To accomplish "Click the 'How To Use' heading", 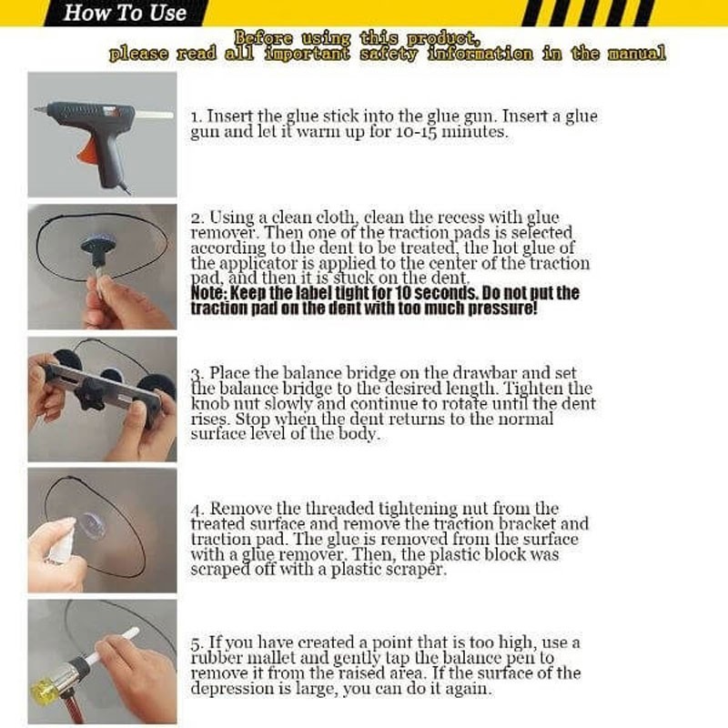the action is point(125,13).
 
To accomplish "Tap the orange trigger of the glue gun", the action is point(87,149).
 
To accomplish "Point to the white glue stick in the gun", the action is point(153,115).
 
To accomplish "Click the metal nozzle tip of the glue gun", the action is point(40,109).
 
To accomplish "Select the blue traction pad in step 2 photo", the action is point(96,246).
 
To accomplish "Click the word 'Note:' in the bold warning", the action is point(209,293).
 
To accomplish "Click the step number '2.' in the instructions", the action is point(197,218).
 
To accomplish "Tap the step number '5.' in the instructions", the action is point(197,643).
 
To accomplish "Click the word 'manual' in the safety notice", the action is point(636,54).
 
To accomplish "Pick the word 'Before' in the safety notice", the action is point(263,37).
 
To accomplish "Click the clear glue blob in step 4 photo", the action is point(92,527).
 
